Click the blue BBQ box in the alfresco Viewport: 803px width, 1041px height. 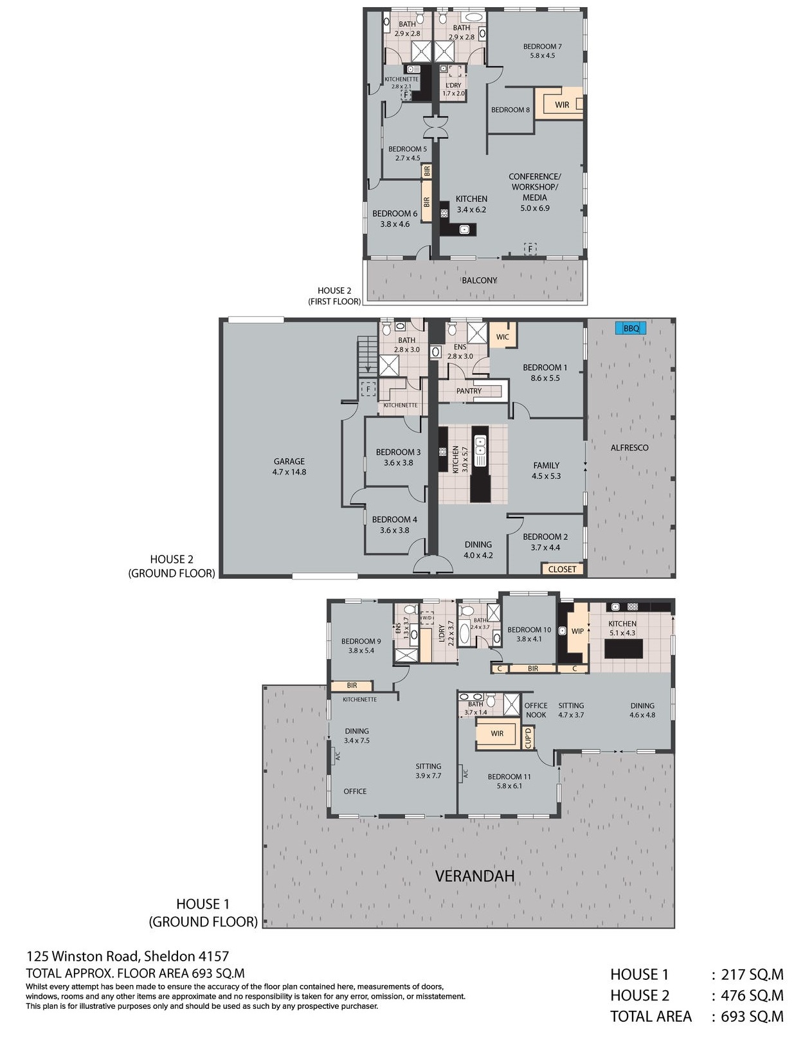(x=631, y=328)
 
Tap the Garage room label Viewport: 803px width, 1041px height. (x=289, y=466)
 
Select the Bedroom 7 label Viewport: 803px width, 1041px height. (x=542, y=51)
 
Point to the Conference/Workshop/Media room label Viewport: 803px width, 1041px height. (x=534, y=192)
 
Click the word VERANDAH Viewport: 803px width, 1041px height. (x=474, y=876)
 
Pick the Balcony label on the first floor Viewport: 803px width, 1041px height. (x=480, y=280)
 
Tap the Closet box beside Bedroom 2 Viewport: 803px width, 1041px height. (x=562, y=569)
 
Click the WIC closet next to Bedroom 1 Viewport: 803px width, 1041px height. (x=502, y=338)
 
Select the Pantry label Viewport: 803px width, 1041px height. (x=469, y=391)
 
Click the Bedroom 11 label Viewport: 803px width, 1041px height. (x=509, y=781)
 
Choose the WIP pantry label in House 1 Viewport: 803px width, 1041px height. (x=577, y=631)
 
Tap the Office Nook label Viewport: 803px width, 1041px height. (x=536, y=710)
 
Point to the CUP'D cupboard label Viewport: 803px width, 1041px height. (x=528, y=738)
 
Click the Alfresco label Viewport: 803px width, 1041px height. (x=629, y=448)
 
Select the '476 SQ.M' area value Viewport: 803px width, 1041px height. (x=752, y=995)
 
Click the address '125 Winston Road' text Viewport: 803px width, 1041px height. (x=82, y=956)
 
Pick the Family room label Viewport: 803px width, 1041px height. (x=546, y=471)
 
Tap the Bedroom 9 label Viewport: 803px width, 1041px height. (x=361, y=646)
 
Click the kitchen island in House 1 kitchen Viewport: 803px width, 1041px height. (x=624, y=649)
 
